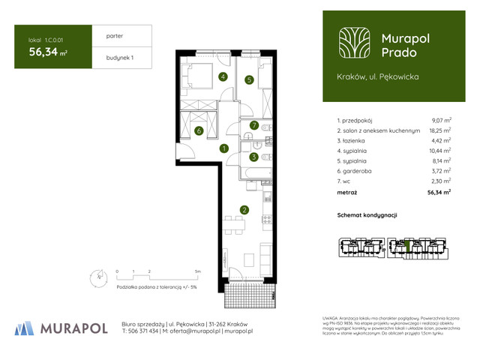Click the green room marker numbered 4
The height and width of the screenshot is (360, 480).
pos(223,76)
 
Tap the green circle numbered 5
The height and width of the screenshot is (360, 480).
pos(248,79)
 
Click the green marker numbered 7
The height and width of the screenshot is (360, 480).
pos(254,125)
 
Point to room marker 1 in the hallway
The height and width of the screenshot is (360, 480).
pos(224,148)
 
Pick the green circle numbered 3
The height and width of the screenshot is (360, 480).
pos(254,157)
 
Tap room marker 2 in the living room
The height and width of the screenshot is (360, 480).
pos(244,210)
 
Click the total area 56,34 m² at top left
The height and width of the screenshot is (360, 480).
pos(49,52)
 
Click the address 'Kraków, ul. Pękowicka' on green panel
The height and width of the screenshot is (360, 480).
pos(377,76)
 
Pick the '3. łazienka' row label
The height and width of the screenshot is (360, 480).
pos(355,140)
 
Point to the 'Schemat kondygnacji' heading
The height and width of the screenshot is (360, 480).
pos(367,215)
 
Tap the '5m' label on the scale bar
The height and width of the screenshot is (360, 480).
pos(197,270)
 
